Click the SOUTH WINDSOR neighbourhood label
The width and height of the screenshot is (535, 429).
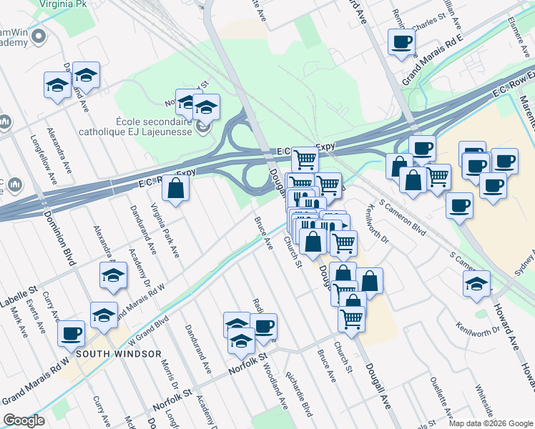pos(119,353)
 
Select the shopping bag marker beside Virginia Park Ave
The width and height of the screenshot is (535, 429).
pos(175,189)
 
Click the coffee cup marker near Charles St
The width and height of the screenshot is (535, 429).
pos(402,41)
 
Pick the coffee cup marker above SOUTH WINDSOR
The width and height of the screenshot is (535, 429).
pos(71,333)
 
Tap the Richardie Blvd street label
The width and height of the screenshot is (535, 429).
pos(299,393)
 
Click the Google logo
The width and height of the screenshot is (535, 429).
pos(24,420)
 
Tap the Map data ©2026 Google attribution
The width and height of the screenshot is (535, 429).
pos(491,423)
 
